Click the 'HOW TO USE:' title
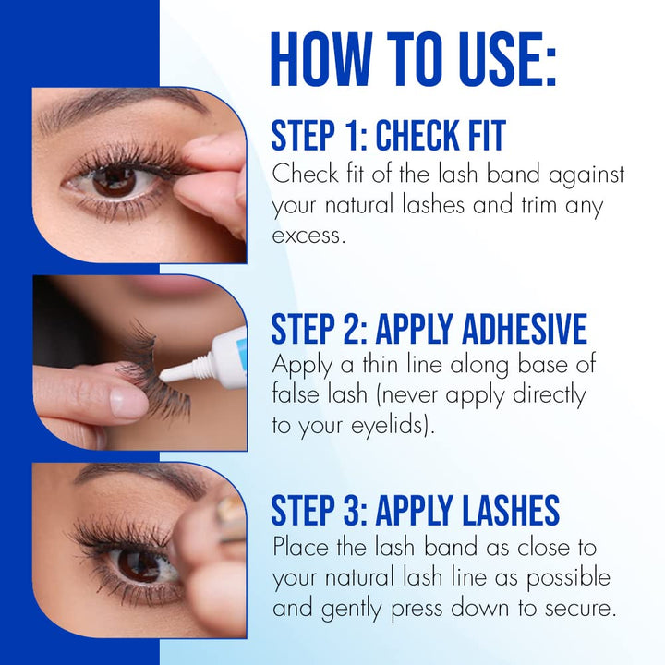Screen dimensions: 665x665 point(413,60)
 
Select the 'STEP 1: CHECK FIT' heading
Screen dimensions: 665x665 point(388,136)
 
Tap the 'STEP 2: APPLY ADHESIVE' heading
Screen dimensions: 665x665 point(429,329)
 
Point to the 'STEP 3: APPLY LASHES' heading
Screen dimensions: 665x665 point(415,511)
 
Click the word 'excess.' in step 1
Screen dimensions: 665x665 point(308,235)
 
